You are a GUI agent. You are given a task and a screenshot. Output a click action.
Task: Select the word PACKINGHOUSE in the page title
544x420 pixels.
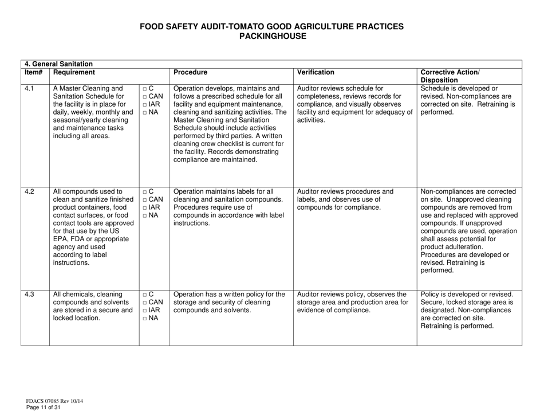[272, 36]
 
